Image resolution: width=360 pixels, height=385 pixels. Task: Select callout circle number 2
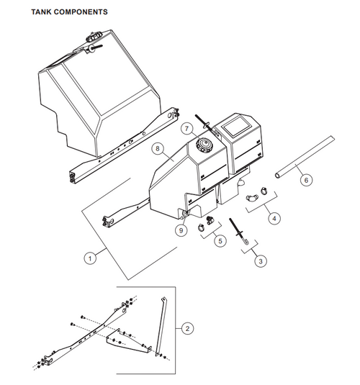[x=188, y=328]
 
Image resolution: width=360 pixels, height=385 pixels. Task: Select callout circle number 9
[x=182, y=230]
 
